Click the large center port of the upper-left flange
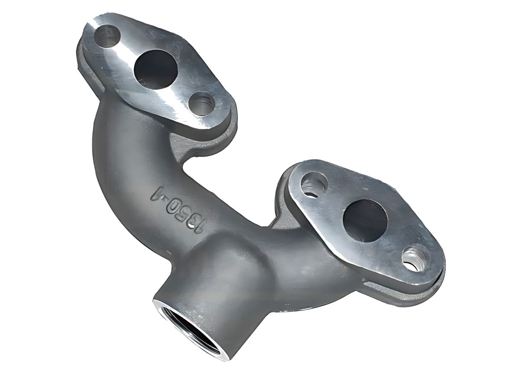pos(156,69)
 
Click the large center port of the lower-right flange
pos(365,221)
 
